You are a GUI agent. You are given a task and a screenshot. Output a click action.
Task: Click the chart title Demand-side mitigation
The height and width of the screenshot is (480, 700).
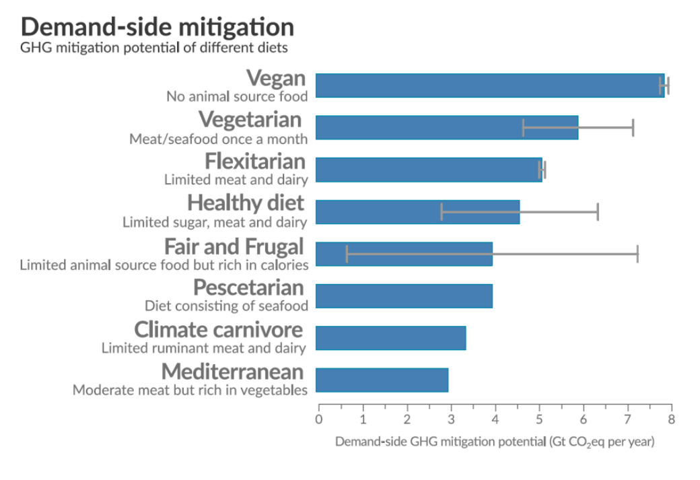pyautogui.click(x=157, y=27)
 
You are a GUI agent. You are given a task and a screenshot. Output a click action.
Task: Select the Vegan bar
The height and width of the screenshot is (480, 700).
pyautogui.click(x=489, y=85)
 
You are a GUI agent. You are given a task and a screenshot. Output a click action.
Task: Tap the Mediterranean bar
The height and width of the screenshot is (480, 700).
pyautogui.click(x=382, y=380)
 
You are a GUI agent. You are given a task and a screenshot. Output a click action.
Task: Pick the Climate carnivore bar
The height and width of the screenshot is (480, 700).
pyautogui.click(x=390, y=338)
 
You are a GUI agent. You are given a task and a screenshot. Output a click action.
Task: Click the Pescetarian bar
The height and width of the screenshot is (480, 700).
pyautogui.click(x=404, y=296)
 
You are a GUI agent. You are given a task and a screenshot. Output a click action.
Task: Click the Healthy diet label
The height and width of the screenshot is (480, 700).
pyautogui.click(x=245, y=203)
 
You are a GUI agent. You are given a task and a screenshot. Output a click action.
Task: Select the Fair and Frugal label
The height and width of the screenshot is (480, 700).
pyautogui.click(x=234, y=246)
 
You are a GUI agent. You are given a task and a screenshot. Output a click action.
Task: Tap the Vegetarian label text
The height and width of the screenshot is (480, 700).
pyautogui.click(x=250, y=120)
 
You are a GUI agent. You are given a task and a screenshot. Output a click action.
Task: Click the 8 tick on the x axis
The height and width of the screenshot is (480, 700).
pyautogui.click(x=671, y=420)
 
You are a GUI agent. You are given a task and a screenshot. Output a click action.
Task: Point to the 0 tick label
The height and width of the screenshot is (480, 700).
pyautogui.click(x=318, y=420)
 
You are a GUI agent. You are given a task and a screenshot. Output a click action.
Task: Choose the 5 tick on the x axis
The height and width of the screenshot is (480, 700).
pyautogui.click(x=539, y=420)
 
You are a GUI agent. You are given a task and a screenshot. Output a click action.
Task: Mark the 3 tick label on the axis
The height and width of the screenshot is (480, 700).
pyautogui.click(x=451, y=420)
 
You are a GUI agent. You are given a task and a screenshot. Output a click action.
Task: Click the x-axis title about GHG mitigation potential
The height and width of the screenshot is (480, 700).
pyautogui.click(x=495, y=442)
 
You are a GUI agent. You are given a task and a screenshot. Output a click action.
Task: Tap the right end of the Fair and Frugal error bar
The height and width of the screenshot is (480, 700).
pyautogui.click(x=637, y=254)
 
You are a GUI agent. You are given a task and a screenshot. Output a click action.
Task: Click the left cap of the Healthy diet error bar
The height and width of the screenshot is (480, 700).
pyautogui.click(x=442, y=211)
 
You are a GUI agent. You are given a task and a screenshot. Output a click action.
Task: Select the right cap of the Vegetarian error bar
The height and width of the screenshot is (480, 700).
pyautogui.click(x=633, y=127)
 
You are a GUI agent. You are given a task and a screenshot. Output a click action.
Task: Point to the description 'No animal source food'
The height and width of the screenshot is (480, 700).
pyautogui.click(x=237, y=96)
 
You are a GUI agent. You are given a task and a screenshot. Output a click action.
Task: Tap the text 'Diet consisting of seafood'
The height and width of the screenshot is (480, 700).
pyautogui.click(x=226, y=306)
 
